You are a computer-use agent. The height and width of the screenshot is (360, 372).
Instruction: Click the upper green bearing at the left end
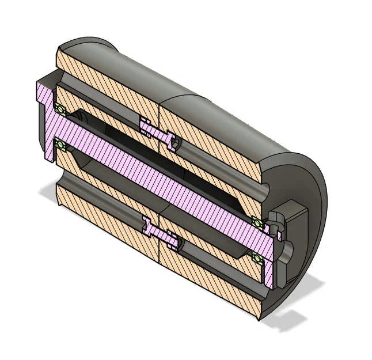tap(59, 108)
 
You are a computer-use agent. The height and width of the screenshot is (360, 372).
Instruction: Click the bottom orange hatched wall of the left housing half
tap(104, 213)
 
